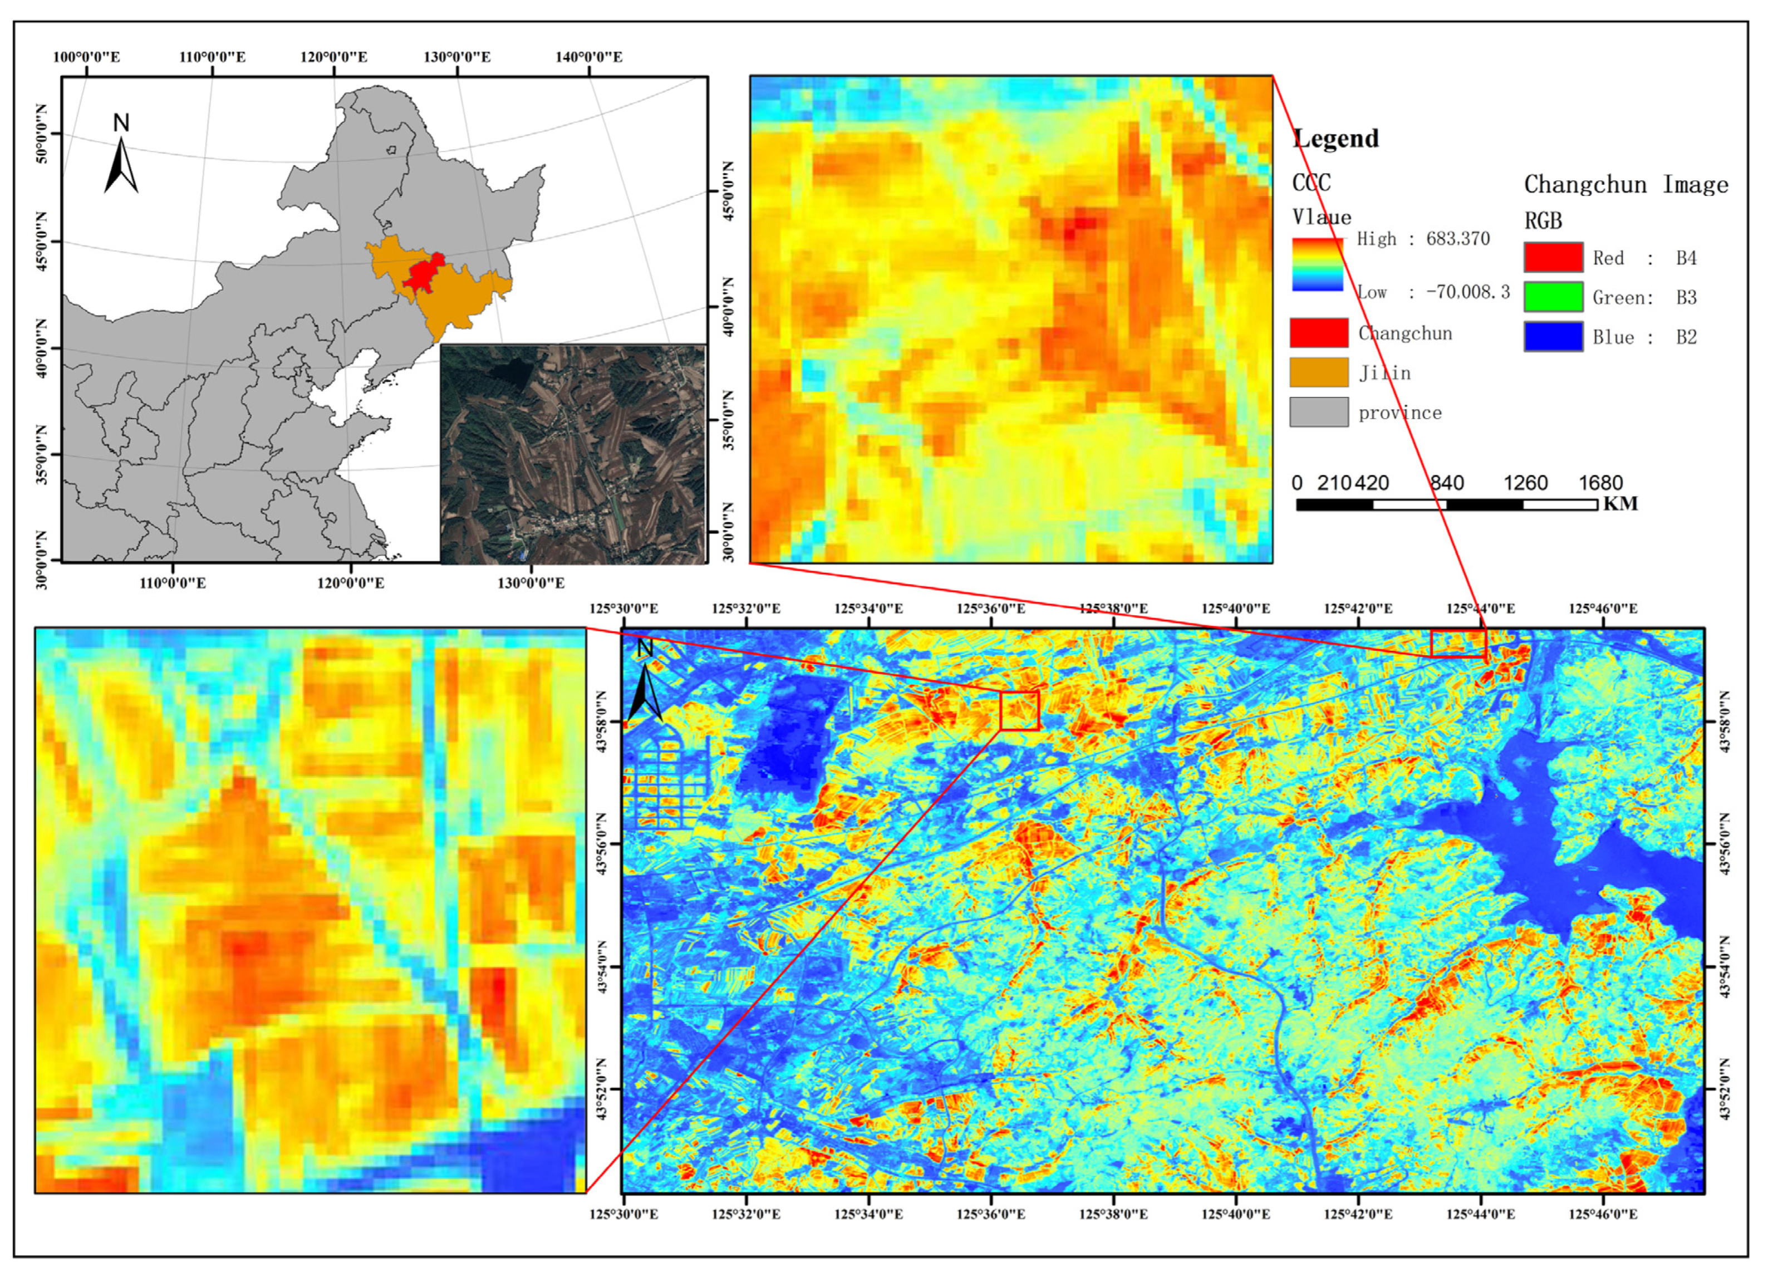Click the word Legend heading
[1336, 139]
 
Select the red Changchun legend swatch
[1319, 332]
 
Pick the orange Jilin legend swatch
[1319, 372]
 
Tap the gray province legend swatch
[1319, 412]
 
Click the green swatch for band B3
[1553, 297]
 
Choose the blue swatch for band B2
[1553, 337]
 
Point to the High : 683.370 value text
[1423, 239]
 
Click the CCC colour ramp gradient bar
[1317, 265]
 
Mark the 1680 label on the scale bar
[1600, 483]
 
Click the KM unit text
[1620, 504]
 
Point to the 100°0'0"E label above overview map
[86, 57]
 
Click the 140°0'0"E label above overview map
[589, 57]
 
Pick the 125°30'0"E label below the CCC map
[624, 1214]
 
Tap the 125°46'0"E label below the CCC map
[1603, 1214]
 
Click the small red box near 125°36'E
[1019, 710]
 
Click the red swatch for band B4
[1553, 257]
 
